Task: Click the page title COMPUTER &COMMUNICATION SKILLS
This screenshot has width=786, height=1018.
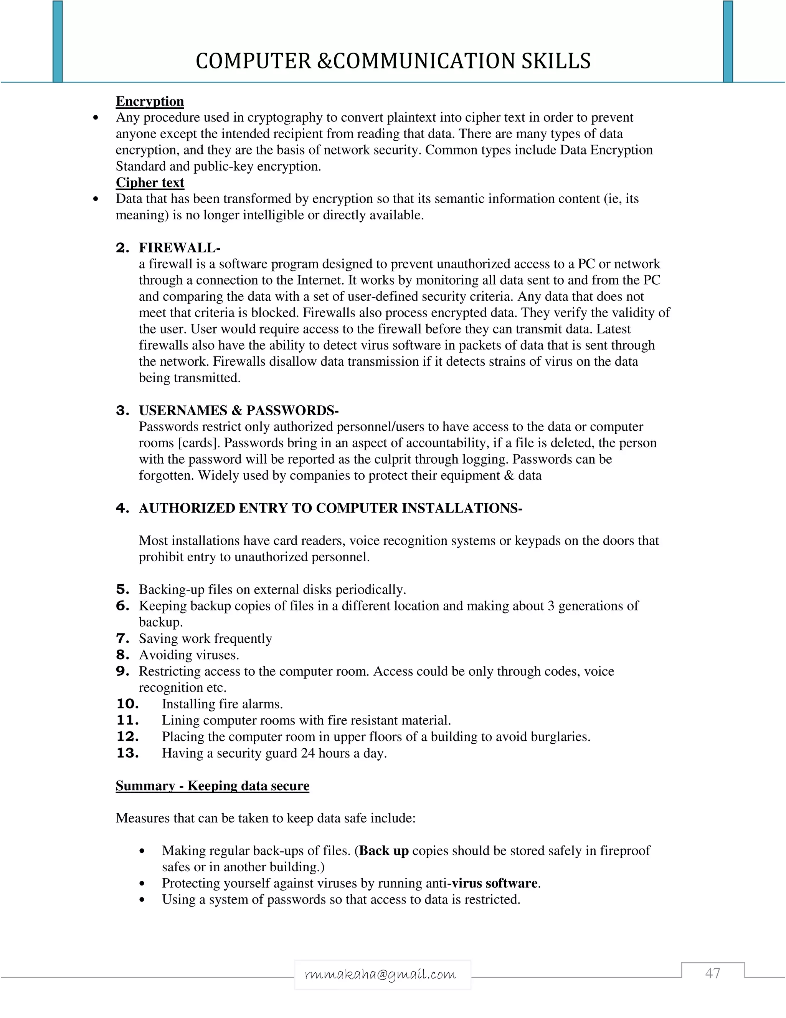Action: [x=393, y=61]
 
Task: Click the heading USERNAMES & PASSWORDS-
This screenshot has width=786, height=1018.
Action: [x=238, y=410]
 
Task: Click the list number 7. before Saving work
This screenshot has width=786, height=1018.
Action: [x=122, y=638]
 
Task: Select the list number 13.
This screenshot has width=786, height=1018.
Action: [x=127, y=753]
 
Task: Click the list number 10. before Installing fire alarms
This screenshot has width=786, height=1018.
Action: [x=127, y=704]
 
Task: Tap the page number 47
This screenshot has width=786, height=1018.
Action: [x=712, y=973]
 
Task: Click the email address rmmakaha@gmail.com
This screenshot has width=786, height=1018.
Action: [x=380, y=975]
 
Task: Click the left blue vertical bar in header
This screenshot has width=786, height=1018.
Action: [x=57, y=42]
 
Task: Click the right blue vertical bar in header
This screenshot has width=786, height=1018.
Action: [x=728, y=42]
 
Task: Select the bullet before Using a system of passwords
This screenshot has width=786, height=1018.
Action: [x=142, y=900]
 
